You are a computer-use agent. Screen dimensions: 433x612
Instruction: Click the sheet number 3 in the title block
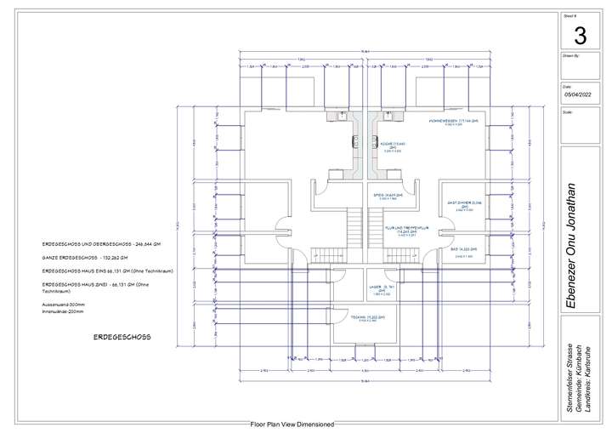pyautogui.click(x=581, y=36)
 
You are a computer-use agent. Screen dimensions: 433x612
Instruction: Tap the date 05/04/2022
pyautogui.click(x=581, y=95)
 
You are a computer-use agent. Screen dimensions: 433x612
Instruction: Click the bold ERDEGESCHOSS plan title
pyautogui.click(x=122, y=337)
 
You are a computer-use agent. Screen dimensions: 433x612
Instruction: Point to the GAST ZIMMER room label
pyautogui.click(x=464, y=203)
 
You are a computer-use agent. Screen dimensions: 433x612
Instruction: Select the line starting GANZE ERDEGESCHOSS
pyautogui.click(x=85, y=256)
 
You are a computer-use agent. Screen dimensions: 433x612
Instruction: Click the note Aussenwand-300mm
pyautogui.click(x=60, y=304)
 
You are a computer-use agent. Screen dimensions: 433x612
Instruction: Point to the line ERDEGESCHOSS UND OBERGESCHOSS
pyautogui.click(x=101, y=243)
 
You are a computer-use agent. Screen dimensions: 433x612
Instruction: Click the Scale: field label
pyautogui.click(x=567, y=111)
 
